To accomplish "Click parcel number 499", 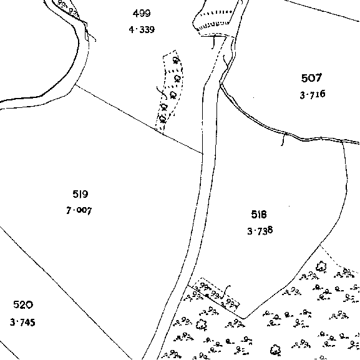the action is pos(142,13).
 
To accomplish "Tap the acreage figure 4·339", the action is pos(142,29).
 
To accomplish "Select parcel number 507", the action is pos(311,78).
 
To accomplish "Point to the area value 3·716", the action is pos(313,94).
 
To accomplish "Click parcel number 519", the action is pos(80,194).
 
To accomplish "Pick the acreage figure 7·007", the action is pos(79,210).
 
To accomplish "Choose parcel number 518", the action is pos(259,215).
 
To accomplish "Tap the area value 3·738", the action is pos(260,230).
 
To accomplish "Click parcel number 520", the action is pos(23,304).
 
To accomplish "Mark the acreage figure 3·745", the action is pos(22,323).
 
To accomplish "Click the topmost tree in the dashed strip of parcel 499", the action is pos(176,60).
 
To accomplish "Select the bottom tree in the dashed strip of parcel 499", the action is pos(163,119).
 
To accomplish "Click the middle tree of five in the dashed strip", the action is pos(173,95).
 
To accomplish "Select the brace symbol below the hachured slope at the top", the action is pos(214,42).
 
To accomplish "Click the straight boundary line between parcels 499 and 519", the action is pos(139,119).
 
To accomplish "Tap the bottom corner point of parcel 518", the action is pos(243,319).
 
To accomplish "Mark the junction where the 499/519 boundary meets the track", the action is pos(203,153).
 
